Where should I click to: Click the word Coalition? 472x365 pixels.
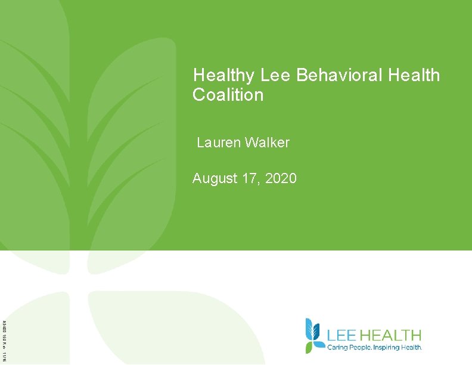[x=228, y=95]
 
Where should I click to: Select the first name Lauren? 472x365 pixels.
[x=218, y=143]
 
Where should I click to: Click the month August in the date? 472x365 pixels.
[x=215, y=178]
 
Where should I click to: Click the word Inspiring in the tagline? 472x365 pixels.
[x=389, y=347]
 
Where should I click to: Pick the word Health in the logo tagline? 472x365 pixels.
[x=412, y=347]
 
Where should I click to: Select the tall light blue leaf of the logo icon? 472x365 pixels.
[x=309, y=328]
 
